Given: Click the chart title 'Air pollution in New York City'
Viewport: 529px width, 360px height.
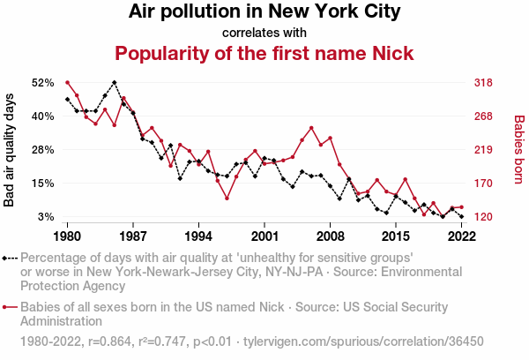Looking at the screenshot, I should (264, 12).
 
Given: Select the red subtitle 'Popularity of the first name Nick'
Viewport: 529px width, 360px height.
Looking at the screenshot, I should (264, 54).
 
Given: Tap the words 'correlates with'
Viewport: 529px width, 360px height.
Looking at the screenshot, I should (264, 33).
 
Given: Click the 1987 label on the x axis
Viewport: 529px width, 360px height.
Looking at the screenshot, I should (133, 236).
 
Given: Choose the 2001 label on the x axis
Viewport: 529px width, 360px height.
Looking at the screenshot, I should (264, 236).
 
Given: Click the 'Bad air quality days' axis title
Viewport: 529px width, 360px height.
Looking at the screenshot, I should (11, 149).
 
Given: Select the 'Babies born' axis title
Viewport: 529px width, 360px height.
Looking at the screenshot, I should (518, 149).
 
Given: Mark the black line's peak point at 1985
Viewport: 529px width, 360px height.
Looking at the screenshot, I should (115, 82).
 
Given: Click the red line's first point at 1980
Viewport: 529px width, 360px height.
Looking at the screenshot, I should (68, 82).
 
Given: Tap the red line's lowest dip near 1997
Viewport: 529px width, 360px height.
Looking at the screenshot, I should (227, 198).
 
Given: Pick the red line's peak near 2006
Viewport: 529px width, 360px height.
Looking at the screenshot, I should (311, 128).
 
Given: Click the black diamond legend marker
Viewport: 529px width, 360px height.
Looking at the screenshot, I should (7, 258).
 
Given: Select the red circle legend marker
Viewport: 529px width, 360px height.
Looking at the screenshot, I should (7, 307).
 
